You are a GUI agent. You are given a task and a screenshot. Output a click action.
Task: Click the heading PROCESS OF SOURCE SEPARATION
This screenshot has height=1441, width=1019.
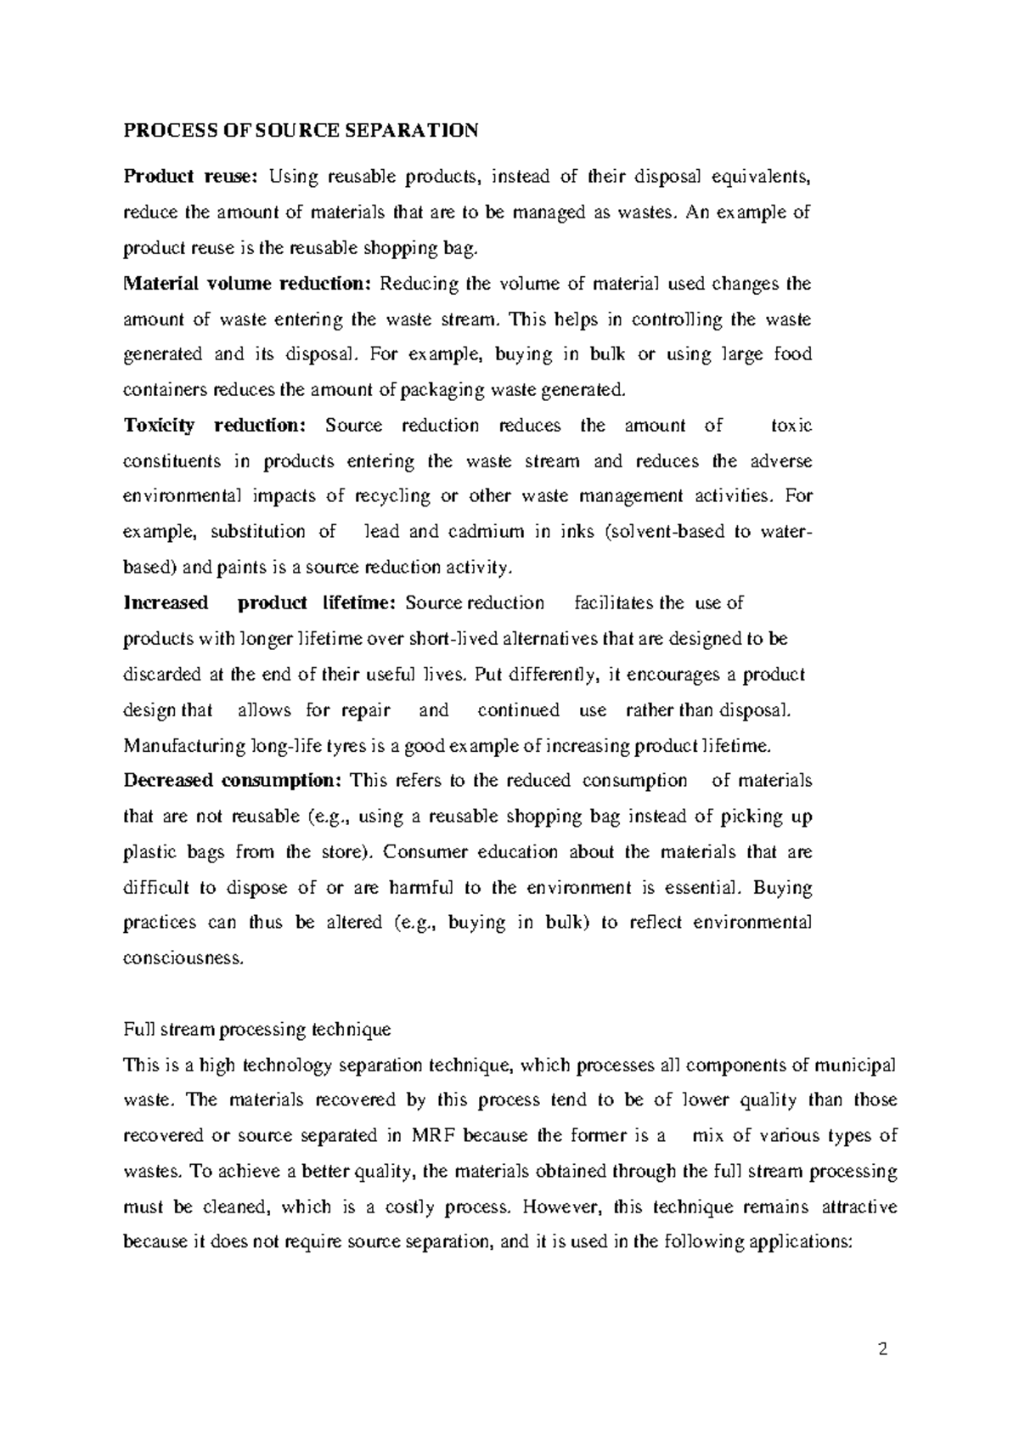pos(301,130)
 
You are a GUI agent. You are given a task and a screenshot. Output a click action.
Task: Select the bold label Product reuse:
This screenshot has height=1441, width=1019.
pos(189,177)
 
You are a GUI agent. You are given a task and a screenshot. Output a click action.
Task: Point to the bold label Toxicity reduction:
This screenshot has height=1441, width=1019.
pos(219,425)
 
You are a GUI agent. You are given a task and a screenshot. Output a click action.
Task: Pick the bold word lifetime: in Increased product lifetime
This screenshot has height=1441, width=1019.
pos(359,602)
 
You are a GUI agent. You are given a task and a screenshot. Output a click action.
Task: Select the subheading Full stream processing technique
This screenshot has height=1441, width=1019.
pos(257,1029)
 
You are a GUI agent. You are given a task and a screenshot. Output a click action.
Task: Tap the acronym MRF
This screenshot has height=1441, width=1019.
pos(435,1135)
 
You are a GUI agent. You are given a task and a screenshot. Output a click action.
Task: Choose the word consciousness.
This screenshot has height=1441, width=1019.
pos(183,958)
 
